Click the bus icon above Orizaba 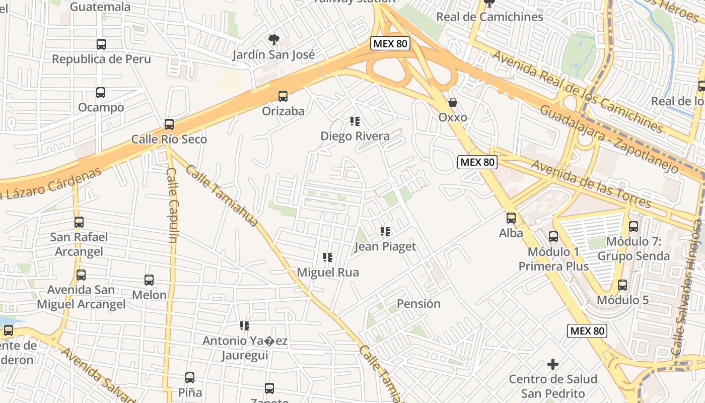point(283,96)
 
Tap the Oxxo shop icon point(453,102)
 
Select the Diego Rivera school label point(355,136)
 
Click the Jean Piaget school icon point(385,232)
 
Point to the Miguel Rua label point(328,273)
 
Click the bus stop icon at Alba point(511,218)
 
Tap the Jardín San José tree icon point(274,39)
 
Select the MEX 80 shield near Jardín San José point(390,44)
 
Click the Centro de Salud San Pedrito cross point(553,364)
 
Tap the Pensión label point(418,304)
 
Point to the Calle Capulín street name point(172,205)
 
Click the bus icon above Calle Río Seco point(169,124)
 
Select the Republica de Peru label point(101,59)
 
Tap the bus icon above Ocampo point(101,93)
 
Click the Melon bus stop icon point(149,280)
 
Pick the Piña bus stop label point(190,392)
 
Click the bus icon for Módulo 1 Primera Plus point(553,236)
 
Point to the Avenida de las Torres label point(591,184)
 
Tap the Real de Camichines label point(489,17)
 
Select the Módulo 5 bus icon point(622,285)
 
